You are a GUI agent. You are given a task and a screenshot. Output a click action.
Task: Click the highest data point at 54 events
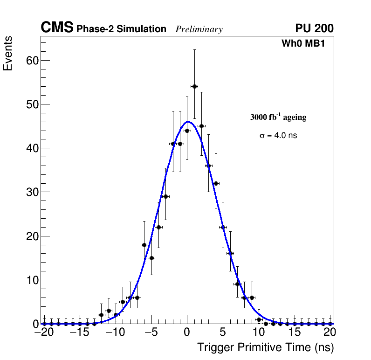tap(194, 86)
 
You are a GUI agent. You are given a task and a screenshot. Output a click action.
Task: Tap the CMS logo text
tap(57, 28)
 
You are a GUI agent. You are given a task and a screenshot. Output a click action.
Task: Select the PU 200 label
tap(314, 28)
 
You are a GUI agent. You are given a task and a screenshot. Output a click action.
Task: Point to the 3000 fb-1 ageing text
tap(278, 118)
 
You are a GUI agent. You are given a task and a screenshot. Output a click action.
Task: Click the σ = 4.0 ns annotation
tap(278, 136)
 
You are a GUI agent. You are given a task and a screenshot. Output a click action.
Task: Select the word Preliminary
tap(199, 29)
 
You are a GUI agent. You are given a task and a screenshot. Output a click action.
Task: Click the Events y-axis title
tap(8, 53)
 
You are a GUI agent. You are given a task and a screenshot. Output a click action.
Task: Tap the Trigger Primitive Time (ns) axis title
tap(265, 347)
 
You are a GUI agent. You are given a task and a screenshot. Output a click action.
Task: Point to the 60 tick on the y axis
tap(32, 60)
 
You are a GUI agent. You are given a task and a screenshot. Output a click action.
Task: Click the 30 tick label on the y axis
tap(32, 192)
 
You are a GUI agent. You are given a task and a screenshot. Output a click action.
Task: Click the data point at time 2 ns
tap(201, 126)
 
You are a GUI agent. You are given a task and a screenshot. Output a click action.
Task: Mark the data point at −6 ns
tap(144, 245)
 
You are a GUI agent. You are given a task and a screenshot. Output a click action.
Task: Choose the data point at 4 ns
tap(216, 183)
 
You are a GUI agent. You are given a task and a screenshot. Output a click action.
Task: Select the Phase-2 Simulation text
tap(121, 29)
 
